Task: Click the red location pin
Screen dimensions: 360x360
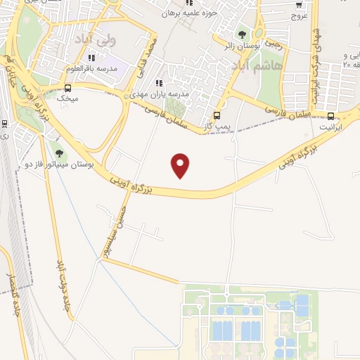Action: coord(181,165)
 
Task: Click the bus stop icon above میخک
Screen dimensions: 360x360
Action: coord(68,89)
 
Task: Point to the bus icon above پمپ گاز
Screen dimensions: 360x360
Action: coord(217,116)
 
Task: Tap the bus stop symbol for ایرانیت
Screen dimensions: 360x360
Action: coord(331,117)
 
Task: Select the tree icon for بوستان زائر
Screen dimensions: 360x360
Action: coord(243,34)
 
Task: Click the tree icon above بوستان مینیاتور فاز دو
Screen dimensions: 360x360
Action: coord(58,153)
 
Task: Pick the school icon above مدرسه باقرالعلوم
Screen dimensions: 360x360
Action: coord(91,58)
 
